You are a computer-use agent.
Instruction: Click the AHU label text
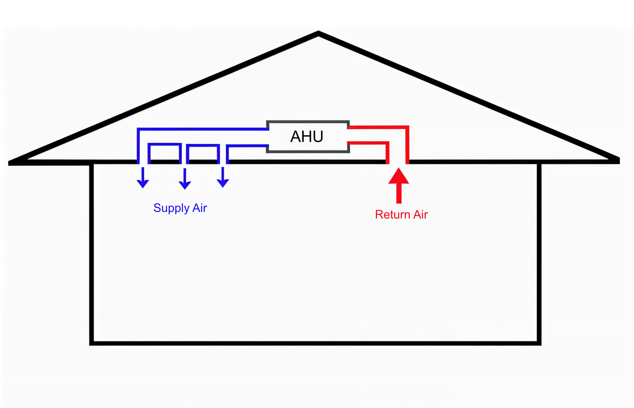(x=307, y=136)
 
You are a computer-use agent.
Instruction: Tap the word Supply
(x=171, y=208)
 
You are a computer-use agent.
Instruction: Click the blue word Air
(x=199, y=208)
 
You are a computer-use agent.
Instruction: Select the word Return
(x=392, y=215)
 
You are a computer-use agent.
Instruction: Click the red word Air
(x=421, y=215)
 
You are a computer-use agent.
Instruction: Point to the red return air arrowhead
(x=399, y=176)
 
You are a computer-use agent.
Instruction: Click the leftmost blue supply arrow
(x=143, y=178)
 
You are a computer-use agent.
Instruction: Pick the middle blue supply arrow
(x=185, y=180)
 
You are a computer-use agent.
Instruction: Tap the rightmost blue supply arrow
(x=223, y=178)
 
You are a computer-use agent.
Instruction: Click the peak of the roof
(x=318, y=33)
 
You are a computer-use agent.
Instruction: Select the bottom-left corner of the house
(x=91, y=343)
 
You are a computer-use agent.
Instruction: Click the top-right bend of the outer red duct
(x=407, y=127)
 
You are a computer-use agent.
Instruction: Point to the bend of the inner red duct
(x=387, y=143)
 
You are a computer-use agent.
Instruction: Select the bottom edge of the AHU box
(x=308, y=151)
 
